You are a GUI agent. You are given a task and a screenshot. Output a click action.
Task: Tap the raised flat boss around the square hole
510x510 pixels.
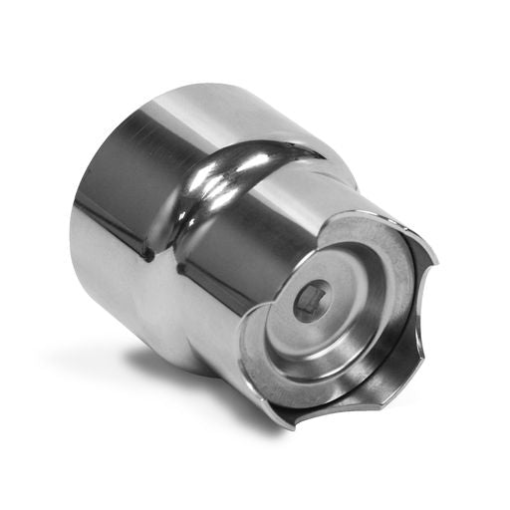coord(329,289)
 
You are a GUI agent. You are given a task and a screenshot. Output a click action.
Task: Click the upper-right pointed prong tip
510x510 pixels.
coord(435,261)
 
